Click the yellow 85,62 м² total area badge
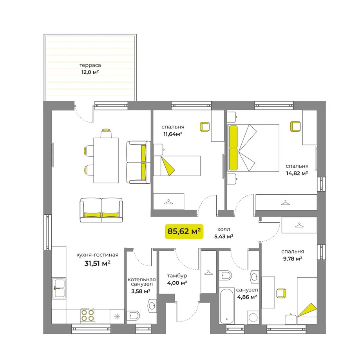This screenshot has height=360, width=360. [184, 231]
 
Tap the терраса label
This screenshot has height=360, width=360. [90, 65]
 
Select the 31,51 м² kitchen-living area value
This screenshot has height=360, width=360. [98, 263]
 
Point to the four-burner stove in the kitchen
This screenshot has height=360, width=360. [88, 315]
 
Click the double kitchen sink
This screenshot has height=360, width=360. [59, 288]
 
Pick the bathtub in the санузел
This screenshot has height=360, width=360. [226, 306]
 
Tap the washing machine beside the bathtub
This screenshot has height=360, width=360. [253, 318]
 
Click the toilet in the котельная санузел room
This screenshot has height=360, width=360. [133, 316]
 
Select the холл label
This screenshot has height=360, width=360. [224, 229]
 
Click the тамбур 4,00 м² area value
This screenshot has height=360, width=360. [177, 283]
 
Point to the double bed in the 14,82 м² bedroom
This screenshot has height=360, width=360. [253, 148]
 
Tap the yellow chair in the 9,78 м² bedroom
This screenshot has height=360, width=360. [281, 293]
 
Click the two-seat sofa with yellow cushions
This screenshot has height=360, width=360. [101, 210]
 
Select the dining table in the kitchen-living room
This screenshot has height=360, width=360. [106, 160]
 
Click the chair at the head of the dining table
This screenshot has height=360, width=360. [106, 134]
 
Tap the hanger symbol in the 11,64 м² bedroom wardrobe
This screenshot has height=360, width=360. [168, 202]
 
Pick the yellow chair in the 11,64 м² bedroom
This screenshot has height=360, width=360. [205, 127]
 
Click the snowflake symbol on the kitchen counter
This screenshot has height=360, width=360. [117, 317]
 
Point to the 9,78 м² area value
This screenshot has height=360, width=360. [293, 259]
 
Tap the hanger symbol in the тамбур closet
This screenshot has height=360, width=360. [208, 272]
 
